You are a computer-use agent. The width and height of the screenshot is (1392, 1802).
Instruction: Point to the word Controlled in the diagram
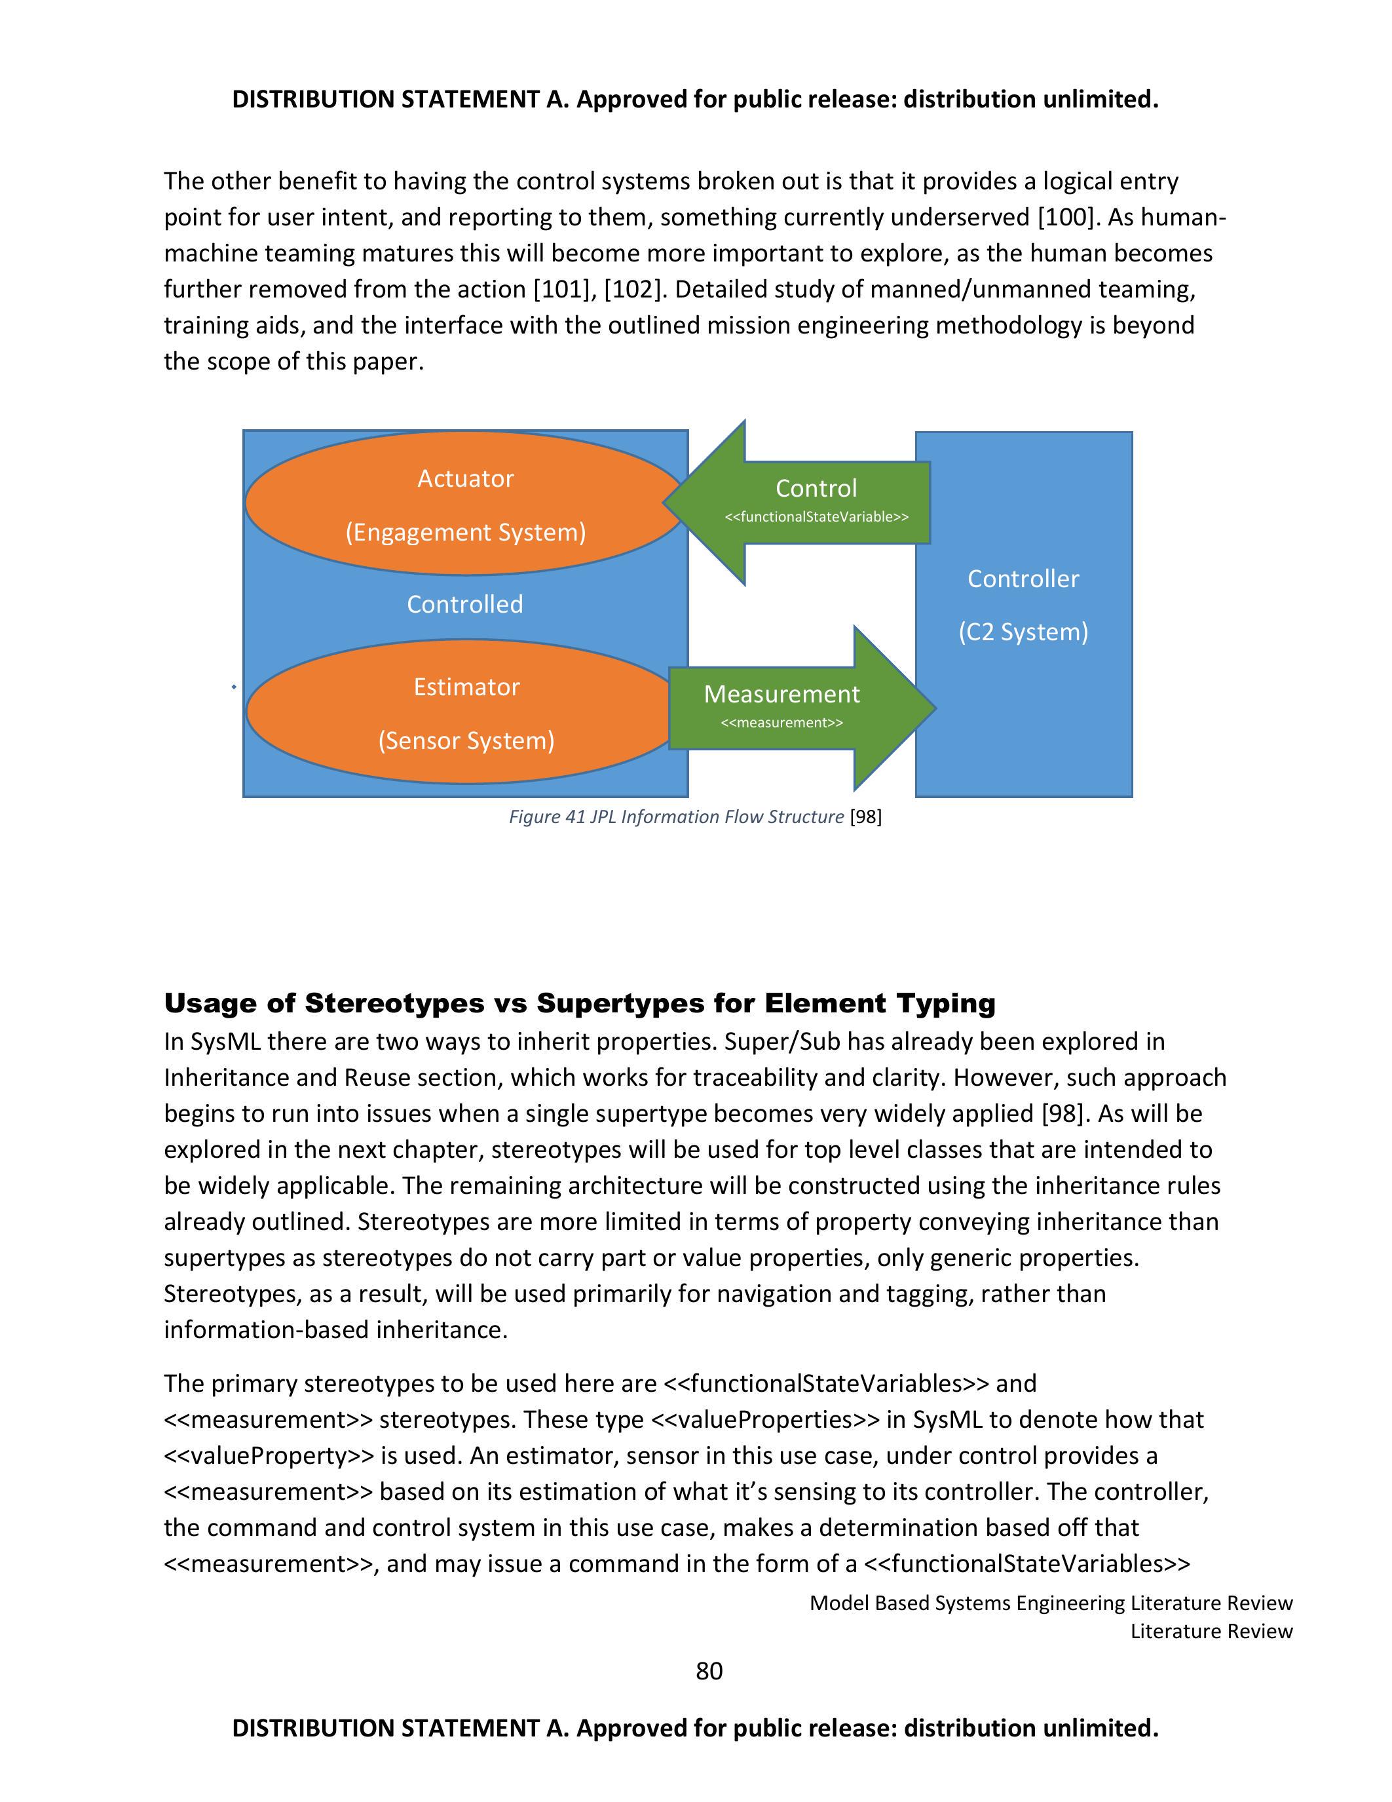coord(464,604)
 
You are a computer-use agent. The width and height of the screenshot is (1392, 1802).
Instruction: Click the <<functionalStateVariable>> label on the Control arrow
coord(816,517)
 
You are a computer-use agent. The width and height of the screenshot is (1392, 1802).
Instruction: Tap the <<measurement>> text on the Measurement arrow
coord(781,723)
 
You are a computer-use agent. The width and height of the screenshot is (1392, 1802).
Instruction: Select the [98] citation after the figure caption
coord(866,817)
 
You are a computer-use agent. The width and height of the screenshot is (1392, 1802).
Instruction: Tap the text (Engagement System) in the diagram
coord(465,532)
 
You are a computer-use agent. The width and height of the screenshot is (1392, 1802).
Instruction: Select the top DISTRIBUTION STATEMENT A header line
coord(695,99)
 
